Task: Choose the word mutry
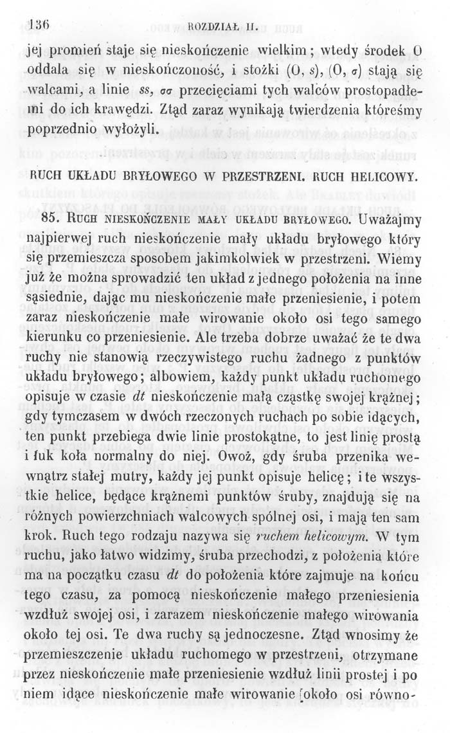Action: (x=140, y=478)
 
